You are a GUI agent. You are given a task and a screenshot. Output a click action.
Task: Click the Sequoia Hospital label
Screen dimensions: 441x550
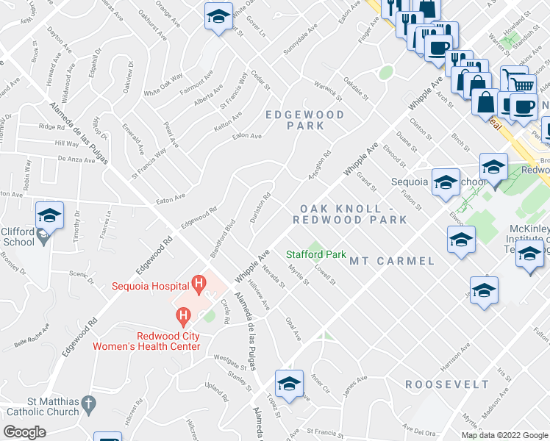tap(150, 285)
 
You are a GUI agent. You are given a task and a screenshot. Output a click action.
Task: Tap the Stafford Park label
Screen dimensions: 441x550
tap(316, 255)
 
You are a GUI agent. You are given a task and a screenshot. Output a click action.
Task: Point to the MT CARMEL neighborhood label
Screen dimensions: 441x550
tap(391, 261)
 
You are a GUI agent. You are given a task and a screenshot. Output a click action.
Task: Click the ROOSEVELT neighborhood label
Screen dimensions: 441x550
tap(447, 384)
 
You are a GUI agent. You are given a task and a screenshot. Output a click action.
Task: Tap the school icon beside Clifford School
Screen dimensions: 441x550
tap(49, 215)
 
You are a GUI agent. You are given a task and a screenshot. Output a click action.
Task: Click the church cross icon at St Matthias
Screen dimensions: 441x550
tap(88, 404)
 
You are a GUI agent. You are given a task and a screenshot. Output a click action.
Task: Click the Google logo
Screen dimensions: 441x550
tap(25, 431)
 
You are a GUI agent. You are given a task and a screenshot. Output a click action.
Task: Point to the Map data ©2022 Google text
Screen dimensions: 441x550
tap(504, 435)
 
